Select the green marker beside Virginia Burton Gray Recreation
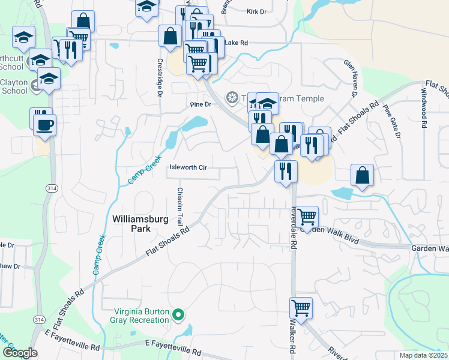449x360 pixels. (x=178, y=314)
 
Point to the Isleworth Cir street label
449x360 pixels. (x=188, y=168)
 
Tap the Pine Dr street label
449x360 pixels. (x=201, y=104)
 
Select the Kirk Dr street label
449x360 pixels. (x=256, y=11)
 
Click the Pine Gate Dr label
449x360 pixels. (x=392, y=122)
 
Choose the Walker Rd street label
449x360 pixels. (x=294, y=341)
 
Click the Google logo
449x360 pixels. (x=20, y=353)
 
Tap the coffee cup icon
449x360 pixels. (x=46, y=125)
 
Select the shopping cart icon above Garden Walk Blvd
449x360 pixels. (x=307, y=216)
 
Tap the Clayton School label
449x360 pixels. (x=14, y=86)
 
